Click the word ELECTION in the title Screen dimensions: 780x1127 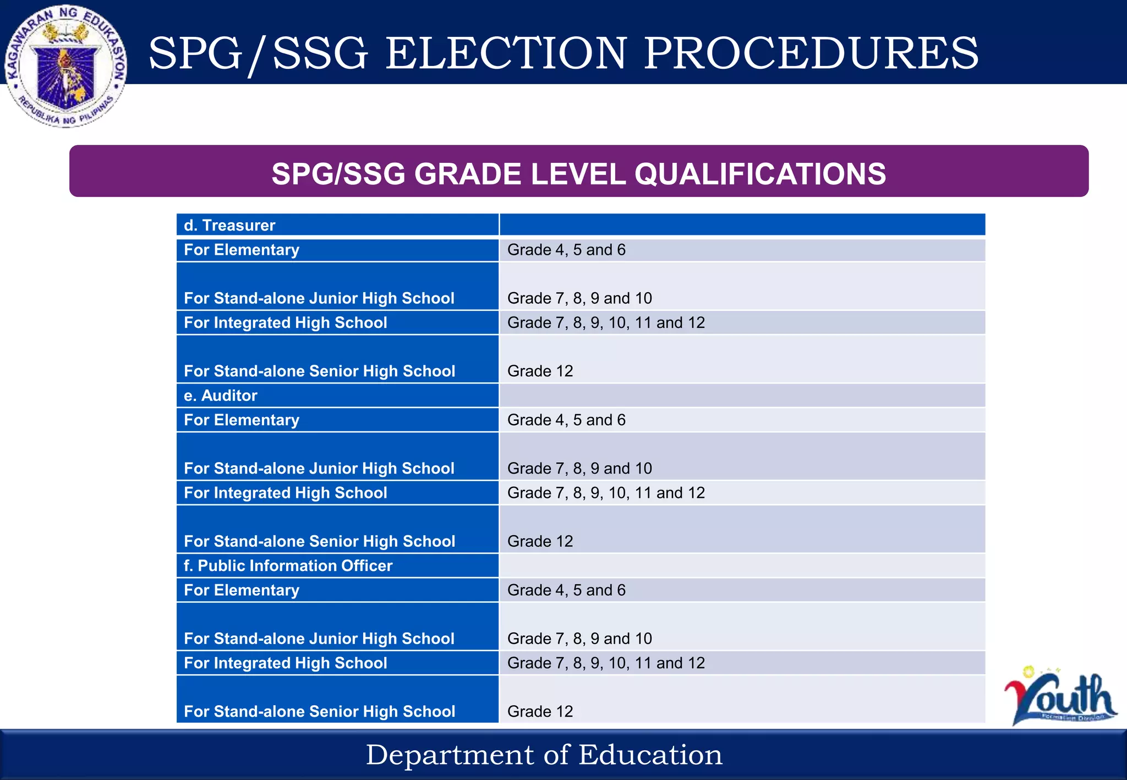click(x=506, y=53)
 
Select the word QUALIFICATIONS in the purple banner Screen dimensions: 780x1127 click(x=760, y=174)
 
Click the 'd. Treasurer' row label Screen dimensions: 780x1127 click(x=229, y=226)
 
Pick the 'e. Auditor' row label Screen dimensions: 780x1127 click(x=221, y=396)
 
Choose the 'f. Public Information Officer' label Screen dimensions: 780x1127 click(x=288, y=565)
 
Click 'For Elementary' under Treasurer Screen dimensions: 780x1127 click(x=242, y=250)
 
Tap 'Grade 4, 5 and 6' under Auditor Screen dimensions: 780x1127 click(x=566, y=420)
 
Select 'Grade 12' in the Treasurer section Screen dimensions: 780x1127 click(x=540, y=371)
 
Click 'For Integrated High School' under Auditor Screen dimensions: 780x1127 click(x=286, y=493)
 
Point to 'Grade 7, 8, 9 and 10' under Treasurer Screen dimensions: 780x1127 click(x=579, y=298)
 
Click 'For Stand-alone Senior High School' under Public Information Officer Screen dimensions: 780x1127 click(x=319, y=711)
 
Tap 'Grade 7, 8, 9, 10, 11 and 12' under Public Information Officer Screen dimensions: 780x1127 click(x=606, y=663)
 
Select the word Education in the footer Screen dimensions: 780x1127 click(x=650, y=755)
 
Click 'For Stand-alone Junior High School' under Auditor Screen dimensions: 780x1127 click(x=319, y=468)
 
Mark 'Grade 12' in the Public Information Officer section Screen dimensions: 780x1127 click(x=540, y=711)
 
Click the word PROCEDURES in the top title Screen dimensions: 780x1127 click(x=811, y=53)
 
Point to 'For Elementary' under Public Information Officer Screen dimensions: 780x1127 click(x=242, y=590)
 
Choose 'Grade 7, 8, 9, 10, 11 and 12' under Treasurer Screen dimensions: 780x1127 click(x=606, y=322)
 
